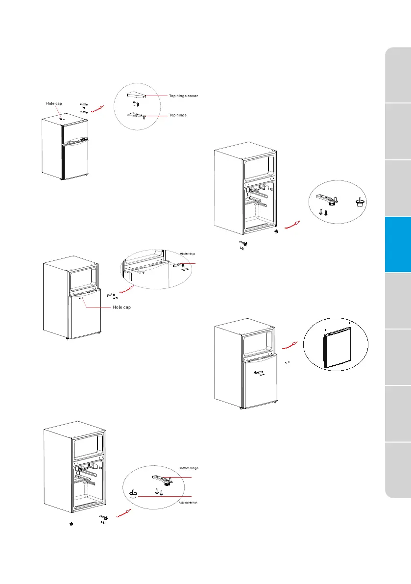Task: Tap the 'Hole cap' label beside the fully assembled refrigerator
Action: [x=54, y=103]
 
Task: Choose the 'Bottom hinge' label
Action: [x=188, y=468]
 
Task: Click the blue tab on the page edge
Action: [x=398, y=244]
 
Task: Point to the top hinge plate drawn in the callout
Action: [x=136, y=115]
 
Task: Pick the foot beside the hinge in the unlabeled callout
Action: [x=360, y=203]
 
